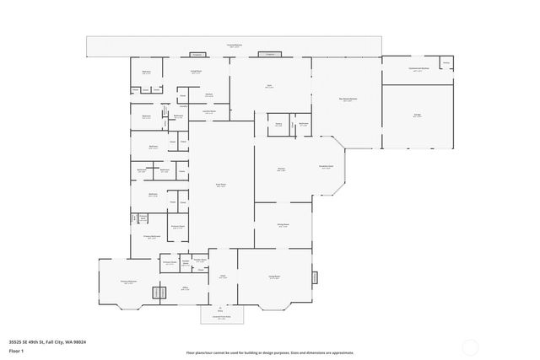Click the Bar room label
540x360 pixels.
tap(269, 86)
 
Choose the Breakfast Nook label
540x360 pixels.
tap(326, 167)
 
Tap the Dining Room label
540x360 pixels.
tap(283, 225)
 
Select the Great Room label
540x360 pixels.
tap(221, 186)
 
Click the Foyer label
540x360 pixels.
tap(223, 276)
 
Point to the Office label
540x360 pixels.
tap(184, 288)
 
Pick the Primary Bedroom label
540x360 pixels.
tap(127, 282)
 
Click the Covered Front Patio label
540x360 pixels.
tap(221, 318)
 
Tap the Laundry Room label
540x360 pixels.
tap(208, 112)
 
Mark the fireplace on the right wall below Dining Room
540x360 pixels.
tap(315, 277)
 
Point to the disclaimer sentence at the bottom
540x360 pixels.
tap(269, 352)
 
